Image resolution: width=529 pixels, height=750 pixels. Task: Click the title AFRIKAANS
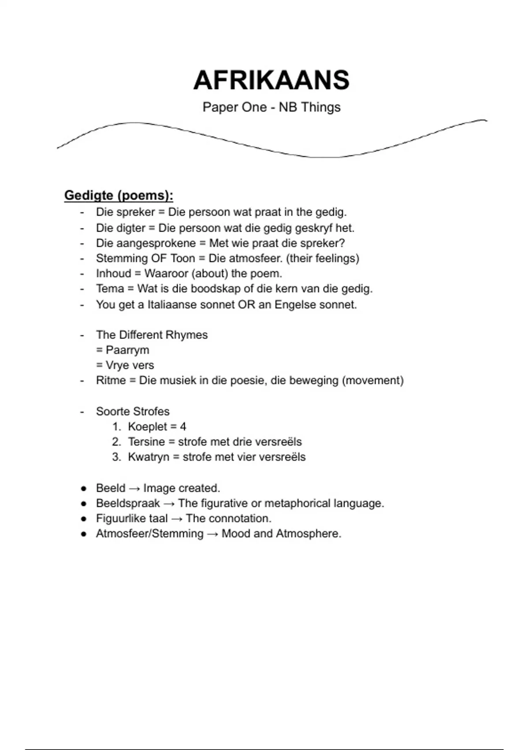pyautogui.click(x=271, y=80)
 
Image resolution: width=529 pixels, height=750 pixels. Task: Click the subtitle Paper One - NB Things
pyautogui.click(x=271, y=107)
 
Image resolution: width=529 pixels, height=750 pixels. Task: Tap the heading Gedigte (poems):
pyautogui.click(x=119, y=195)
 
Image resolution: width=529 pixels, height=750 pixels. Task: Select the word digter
pyautogui.click(x=131, y=228)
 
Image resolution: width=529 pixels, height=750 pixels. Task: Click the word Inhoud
pyautogui.click(x=114, y=274)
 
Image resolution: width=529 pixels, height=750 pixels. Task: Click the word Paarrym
pyautogui.click(x=127, y=350)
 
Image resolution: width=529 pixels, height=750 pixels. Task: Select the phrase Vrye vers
pyautogui.click(x=130, y=365)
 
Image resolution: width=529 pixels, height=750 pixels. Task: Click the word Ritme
pyautogui.click(x=111, y=380)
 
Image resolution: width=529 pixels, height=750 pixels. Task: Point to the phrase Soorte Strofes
pyautogui.click(x=133, y=411)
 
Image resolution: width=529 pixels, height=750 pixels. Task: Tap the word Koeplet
pyautogui.click(x=148, y=427)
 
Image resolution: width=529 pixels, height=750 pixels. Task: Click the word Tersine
pyautogui.click(x=146, y=442)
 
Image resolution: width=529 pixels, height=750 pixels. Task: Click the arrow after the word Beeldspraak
pyautogui.click(x=169, y=503)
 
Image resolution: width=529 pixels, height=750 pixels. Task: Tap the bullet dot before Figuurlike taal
pyautogui.click(x=84, y=519)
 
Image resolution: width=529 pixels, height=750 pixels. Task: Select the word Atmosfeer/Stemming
pyautogui.click(x=150, y=534)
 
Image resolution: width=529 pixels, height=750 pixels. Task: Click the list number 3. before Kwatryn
pyautogui.click(x=116, y=457)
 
